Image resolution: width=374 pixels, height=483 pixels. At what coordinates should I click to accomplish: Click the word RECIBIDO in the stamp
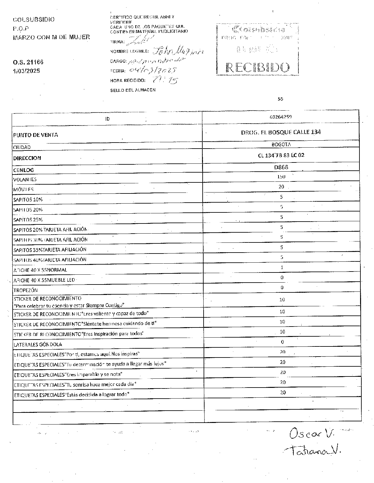click(258, 67)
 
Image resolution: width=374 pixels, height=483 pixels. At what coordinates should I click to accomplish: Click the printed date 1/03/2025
click(27, 71)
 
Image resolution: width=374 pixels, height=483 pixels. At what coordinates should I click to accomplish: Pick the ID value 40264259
click(281, 117)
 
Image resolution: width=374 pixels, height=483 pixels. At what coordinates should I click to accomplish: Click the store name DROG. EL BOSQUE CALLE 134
click(281, 132)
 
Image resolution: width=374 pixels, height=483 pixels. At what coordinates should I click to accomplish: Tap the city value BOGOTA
click(281, 144)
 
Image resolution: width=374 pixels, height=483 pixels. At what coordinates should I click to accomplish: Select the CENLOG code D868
click(281, 167)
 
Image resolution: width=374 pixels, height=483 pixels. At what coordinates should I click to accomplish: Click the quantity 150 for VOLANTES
click(281, 177)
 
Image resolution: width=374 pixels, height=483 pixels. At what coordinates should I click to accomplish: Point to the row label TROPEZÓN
click(25, 290)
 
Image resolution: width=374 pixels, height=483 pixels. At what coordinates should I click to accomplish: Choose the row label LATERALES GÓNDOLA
click(38, 345)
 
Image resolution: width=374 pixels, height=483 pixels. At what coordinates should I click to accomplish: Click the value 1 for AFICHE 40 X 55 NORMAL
click(282, 267)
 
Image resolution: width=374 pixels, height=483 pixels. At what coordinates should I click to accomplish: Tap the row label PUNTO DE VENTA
click(35, 135)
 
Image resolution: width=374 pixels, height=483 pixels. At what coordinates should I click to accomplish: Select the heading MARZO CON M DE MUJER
click(51, 37)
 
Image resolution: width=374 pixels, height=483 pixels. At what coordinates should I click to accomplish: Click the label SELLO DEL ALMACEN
click(133, 90)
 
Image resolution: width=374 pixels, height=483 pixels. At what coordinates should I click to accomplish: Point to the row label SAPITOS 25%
click(28, 219)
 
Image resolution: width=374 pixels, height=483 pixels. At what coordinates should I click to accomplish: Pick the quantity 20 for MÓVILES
click(281, 187)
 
